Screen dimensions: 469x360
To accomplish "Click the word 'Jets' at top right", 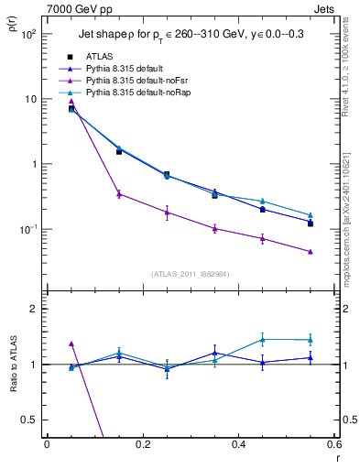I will tap(324, 8).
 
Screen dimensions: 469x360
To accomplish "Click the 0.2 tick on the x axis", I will tap(142, 444).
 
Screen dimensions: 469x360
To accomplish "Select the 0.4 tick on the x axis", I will tap(238, 444).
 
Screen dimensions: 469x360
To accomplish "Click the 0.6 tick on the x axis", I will tap(333, 444).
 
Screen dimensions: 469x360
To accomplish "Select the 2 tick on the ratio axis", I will tap(34, 309).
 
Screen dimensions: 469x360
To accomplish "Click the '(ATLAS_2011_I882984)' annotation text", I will tap(191, 273).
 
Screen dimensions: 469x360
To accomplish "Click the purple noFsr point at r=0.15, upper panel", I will tap(119, 193).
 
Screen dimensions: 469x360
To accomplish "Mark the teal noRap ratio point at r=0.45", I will tap(263, 339).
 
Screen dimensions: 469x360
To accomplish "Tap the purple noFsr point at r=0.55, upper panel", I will tap(311, 252).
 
